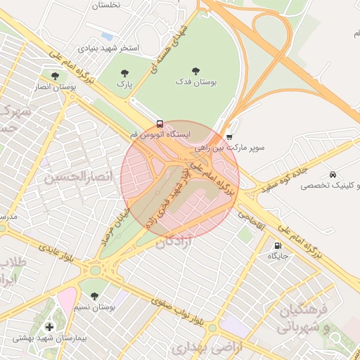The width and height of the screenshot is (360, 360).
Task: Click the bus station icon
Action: [160, 123]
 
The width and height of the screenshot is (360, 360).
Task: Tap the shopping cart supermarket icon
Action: [229, 136]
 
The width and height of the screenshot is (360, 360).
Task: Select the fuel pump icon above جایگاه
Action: [278, 245]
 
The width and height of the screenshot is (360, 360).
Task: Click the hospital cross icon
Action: [49, 327]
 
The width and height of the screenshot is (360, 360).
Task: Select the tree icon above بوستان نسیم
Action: [95, 295]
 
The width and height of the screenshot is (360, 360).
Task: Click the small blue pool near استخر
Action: [107, 35]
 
